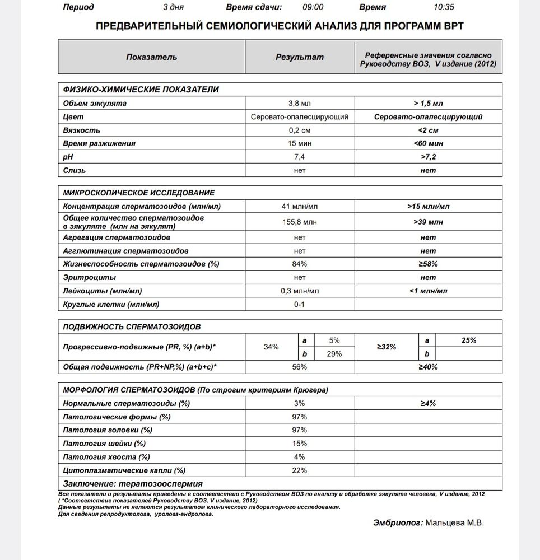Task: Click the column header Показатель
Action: (x=151, y=57)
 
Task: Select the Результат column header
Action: (x=300, y=57)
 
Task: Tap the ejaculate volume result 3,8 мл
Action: (x=300, y=104)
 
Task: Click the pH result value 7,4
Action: (x=300, y=156)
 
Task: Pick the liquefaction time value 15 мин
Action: (x=300, y=143)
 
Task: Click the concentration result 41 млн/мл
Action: (x=300, y=207)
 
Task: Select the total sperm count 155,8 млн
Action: (x=300, y=222)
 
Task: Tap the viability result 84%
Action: (x=300, y=264)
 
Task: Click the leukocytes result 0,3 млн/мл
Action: (x=300, y=291)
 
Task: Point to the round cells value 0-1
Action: (x=300, y=304)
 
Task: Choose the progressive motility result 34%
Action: (x=271, y=347)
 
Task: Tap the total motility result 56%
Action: (x=300, y=367)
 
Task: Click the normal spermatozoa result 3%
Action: (x=300, y=403)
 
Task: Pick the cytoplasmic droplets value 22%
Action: (x=300, y=470)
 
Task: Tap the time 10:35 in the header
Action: (x=444, y=7)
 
